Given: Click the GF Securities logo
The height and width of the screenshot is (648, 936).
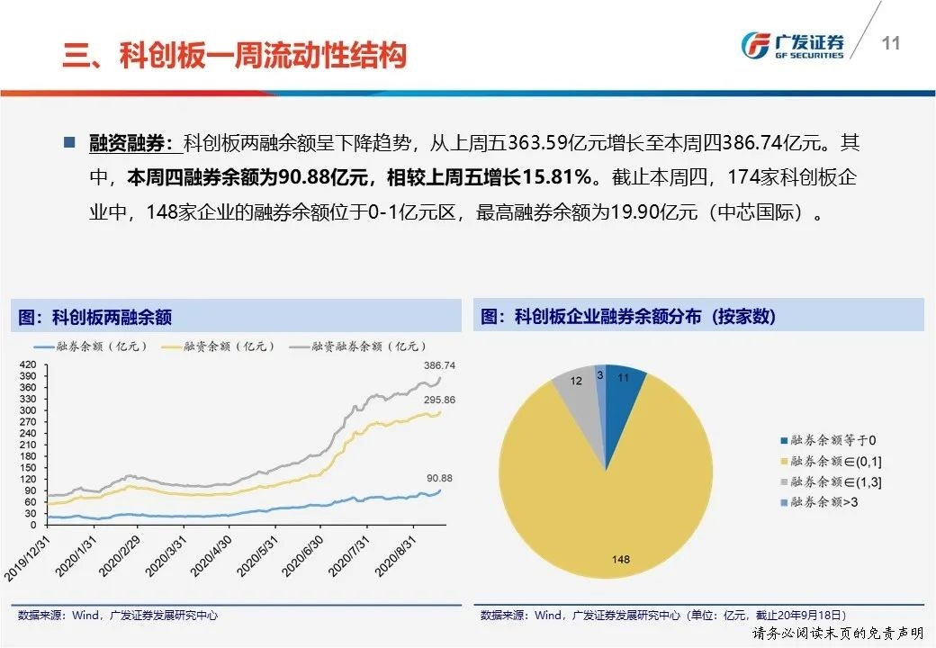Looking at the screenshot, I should coord(792,46).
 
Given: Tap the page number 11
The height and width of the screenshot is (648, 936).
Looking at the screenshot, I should coord(891,43).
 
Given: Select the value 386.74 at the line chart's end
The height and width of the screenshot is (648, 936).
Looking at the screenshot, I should coord(439,366).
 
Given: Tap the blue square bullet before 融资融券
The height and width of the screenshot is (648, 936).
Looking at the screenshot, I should coord(69,142).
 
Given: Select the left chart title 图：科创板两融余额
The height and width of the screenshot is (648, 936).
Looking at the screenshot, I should coord(95,317).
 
